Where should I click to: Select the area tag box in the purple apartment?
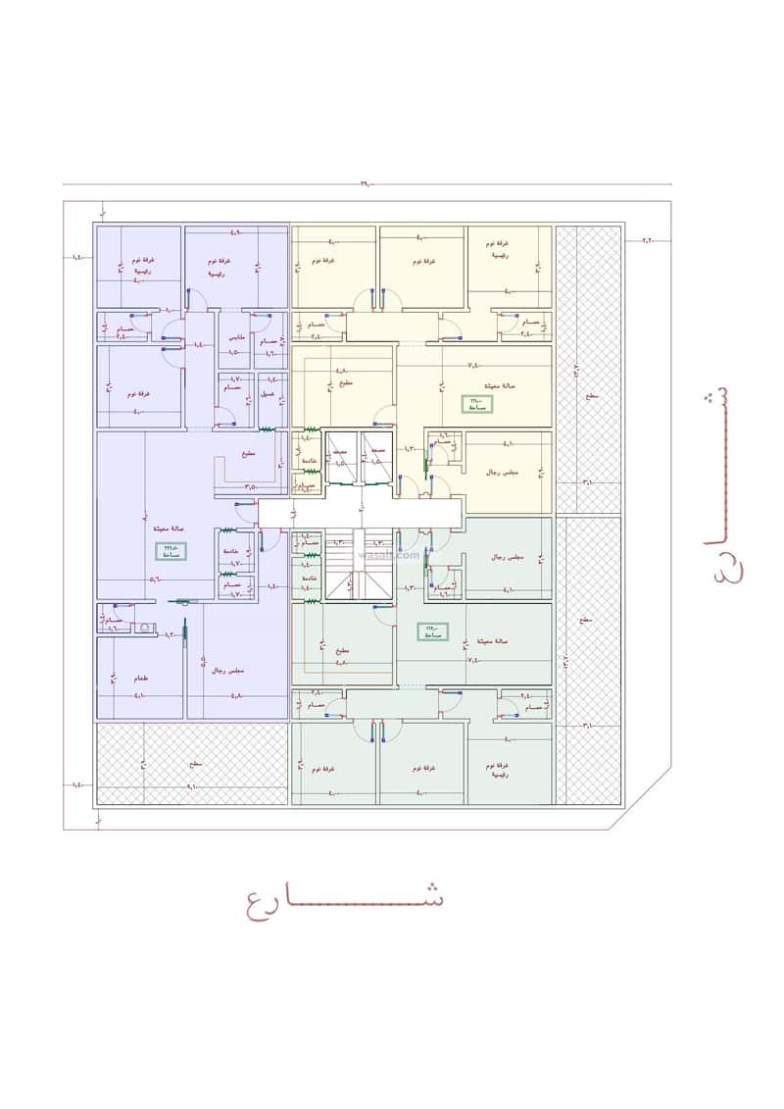[172, 551]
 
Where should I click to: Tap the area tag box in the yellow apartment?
[476, 403]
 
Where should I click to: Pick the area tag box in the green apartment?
[431, 632]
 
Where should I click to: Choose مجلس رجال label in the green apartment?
[507, 557]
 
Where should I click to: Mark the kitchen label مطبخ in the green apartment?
[343, 650]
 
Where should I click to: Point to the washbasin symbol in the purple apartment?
[144, 626]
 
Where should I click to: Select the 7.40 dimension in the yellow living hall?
[472, 364]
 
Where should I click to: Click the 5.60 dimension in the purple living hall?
[155, 579]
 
